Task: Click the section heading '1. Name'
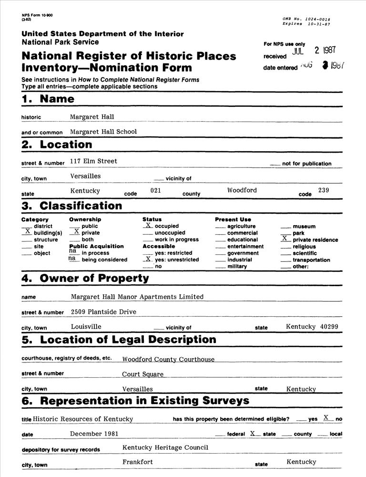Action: pos(48,99)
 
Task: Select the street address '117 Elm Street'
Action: pos(93,161)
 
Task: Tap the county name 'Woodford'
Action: pos(242,190)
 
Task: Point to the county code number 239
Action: pos(324,190)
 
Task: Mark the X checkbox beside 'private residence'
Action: pos(285,238)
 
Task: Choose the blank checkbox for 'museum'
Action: pos(285,226)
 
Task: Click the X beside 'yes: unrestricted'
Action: pos(148,259)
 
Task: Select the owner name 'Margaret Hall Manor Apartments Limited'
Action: pos(137,297)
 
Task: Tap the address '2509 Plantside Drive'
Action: pos(103,312)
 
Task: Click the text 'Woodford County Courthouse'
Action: pos(168,359)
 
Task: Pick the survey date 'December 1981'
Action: pos(94,434)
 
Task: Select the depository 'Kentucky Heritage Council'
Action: pos(165,447)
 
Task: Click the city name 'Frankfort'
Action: pos(138,462)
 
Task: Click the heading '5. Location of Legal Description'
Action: pos(119,340)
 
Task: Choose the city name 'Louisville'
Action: pos(86,327)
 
